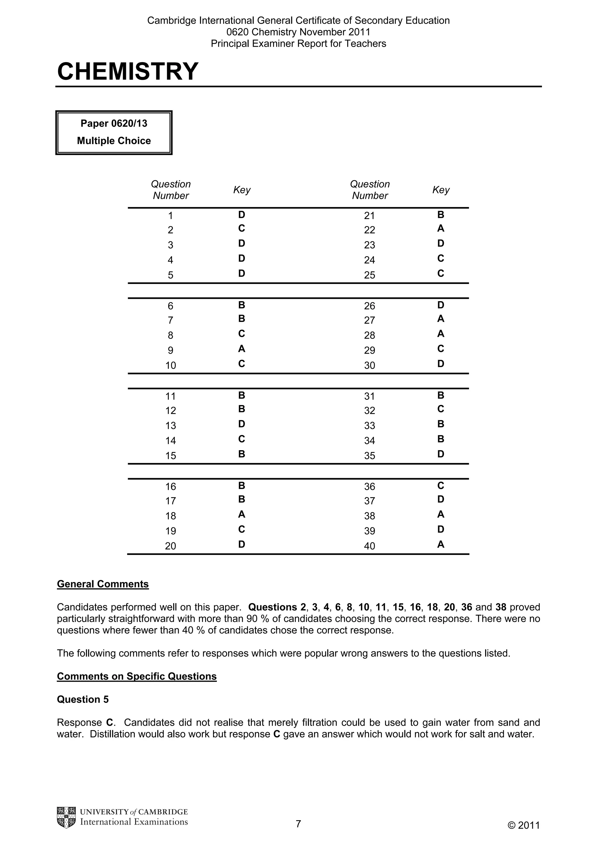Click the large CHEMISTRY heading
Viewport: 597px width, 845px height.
(x=128, y=71)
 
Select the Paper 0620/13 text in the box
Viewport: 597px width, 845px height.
(x=114, y=123)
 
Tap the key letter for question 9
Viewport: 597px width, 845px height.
(x=241, y=348)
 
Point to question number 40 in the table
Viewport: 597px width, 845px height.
(x=369, y=546)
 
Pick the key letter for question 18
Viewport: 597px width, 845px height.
(x=241, y=514)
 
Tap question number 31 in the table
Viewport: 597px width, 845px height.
(x=369, y=396)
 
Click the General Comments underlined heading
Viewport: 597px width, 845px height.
(x=103, y=584)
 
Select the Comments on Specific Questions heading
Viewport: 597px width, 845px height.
(x=136, y=676)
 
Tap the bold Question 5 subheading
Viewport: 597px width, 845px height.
(x=83, y=700)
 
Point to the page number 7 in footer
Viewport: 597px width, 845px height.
(x=298, y=824)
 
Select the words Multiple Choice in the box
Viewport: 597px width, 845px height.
(x=114, y=141)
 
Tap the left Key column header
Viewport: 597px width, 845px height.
(x=242, y=190)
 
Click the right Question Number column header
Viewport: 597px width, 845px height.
(x=370, y=190)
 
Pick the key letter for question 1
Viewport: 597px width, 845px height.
(x=241, y=215)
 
